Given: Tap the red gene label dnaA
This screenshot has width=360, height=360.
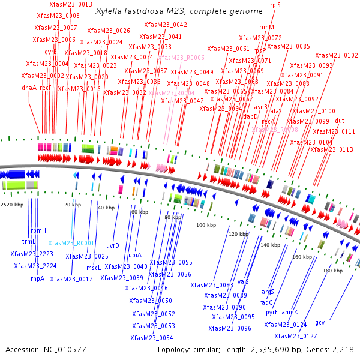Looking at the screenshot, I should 29,88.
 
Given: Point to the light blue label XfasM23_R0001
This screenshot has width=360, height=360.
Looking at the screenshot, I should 71,243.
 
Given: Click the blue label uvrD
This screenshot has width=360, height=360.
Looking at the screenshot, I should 112,245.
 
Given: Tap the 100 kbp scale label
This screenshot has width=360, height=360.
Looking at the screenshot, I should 206,225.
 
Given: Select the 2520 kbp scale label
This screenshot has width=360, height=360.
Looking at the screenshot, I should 12,205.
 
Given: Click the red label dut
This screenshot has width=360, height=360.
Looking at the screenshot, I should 340,121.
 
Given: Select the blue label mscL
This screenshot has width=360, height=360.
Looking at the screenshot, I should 94,268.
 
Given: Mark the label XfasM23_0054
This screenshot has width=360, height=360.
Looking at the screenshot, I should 152,338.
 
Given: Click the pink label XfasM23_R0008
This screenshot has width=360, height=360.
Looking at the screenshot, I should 275,130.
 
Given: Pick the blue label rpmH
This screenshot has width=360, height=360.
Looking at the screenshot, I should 38,230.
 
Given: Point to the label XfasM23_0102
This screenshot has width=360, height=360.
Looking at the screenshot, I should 337,56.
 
